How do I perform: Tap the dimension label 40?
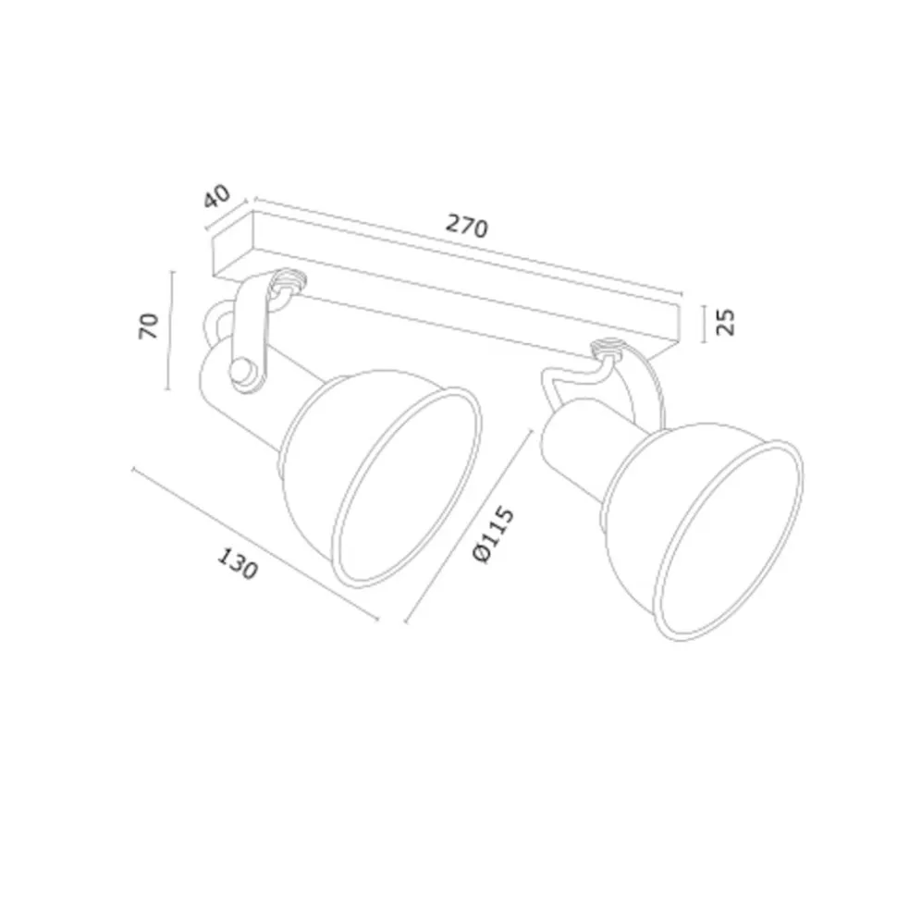pyautogui.click(x=217, y=195)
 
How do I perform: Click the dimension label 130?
pyautogui.click(x=237, y=563)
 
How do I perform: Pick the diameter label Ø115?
pyautogui.click(x=493, y=534)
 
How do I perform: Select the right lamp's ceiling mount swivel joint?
pyautogui.click(x=608, y=349)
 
